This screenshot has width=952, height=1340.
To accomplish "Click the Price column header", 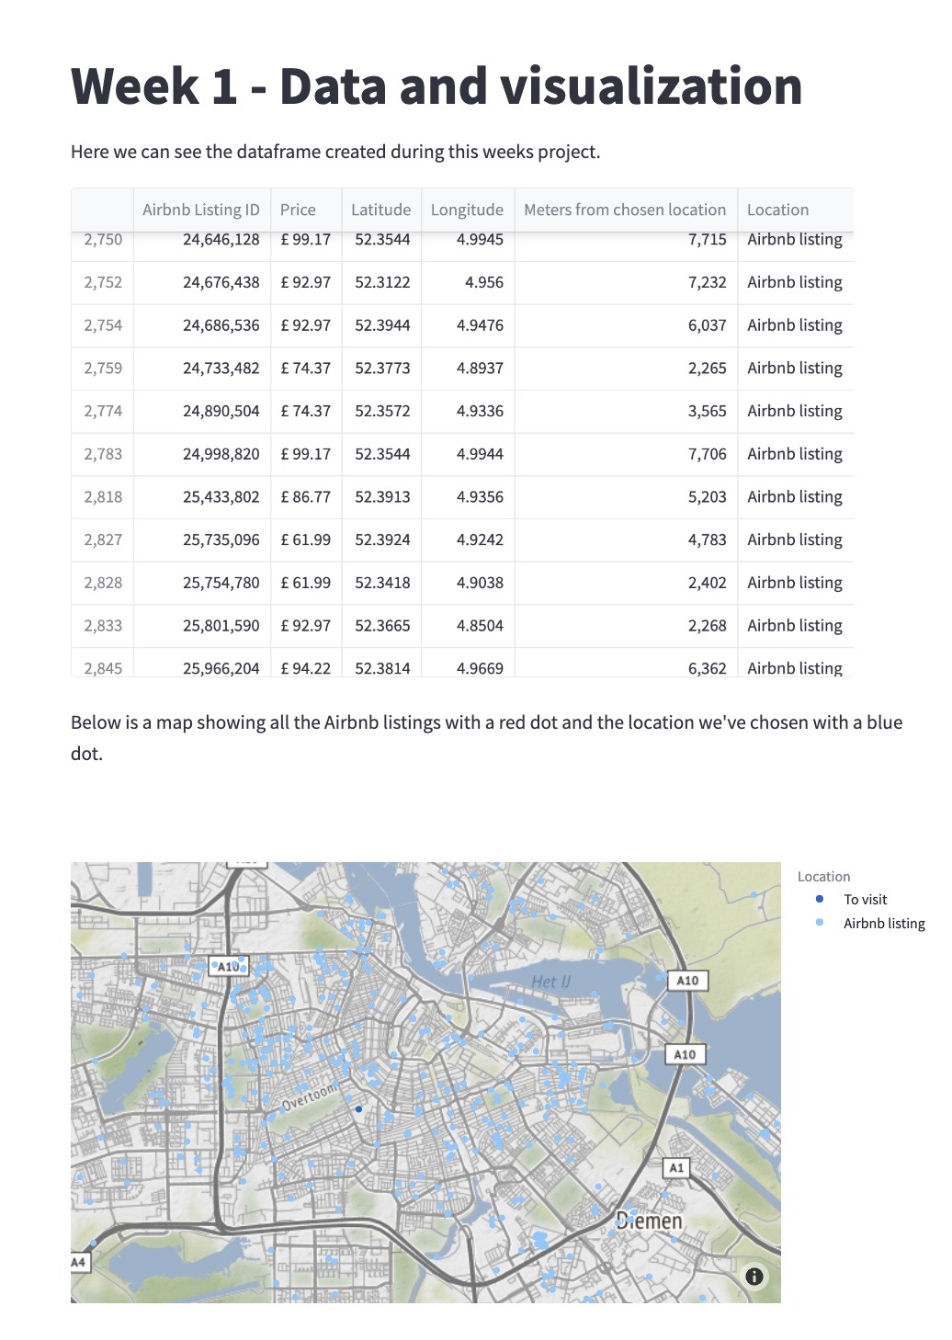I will click(298, 210).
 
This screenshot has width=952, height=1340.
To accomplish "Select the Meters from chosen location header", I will click(625, 210).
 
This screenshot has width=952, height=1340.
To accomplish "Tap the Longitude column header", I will click(467, 210).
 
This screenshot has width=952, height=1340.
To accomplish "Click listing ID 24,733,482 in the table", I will click(221, 368).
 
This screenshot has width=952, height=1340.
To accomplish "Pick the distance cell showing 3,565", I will click(707, 411).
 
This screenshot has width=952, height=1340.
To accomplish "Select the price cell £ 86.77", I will click(305, 496).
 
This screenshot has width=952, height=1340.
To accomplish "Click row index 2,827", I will click(103, 539).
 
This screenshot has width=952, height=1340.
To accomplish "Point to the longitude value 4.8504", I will click(480, 625).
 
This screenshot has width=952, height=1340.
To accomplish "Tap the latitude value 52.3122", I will click(382, 282).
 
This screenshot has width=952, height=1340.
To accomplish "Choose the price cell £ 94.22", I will click(305, 668).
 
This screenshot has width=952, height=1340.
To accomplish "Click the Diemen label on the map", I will click(649, 1221).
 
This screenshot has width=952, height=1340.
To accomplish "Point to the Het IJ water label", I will click(550, 982).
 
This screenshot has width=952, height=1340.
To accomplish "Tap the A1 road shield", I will click(676, 1167).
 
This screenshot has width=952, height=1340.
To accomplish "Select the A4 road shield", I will click(79, 1262).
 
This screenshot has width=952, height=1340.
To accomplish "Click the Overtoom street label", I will click(310, 1097).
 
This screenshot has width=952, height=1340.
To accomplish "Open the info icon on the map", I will click(754, 1276).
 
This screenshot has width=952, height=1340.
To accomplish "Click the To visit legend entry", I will click(865, 900).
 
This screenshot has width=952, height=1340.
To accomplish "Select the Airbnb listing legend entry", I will click(883, 924).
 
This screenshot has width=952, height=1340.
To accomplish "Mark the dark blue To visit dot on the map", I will click(358, 1109).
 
